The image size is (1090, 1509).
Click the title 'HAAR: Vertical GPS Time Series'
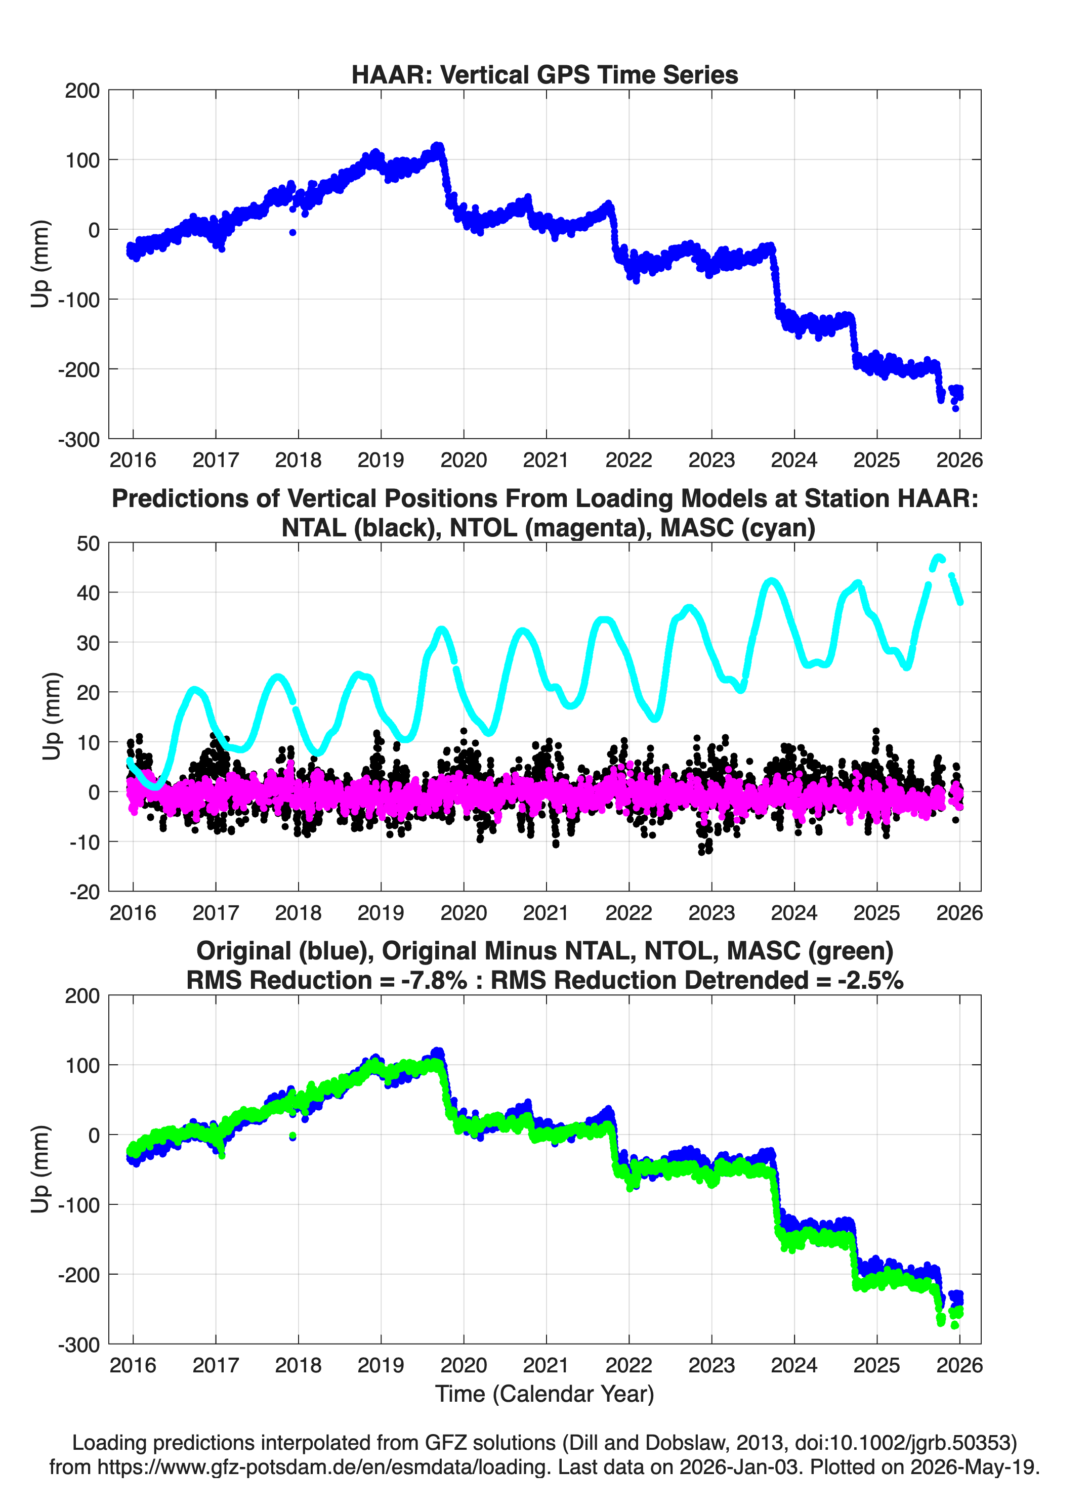pos(544,74)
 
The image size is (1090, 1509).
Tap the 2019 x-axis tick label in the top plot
pos(381,460)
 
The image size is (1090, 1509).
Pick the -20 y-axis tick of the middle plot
pos(85,892)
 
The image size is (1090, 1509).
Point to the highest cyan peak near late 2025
pos(939,558)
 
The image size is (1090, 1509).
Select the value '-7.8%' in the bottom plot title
pos(434,980)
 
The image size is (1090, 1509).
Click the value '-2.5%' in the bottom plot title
pos(870,980)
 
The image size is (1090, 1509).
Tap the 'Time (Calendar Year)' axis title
pos(544,1393)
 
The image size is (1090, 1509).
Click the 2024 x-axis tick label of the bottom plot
pos(794,1365)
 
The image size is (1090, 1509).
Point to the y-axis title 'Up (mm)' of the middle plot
pos(51,717)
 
